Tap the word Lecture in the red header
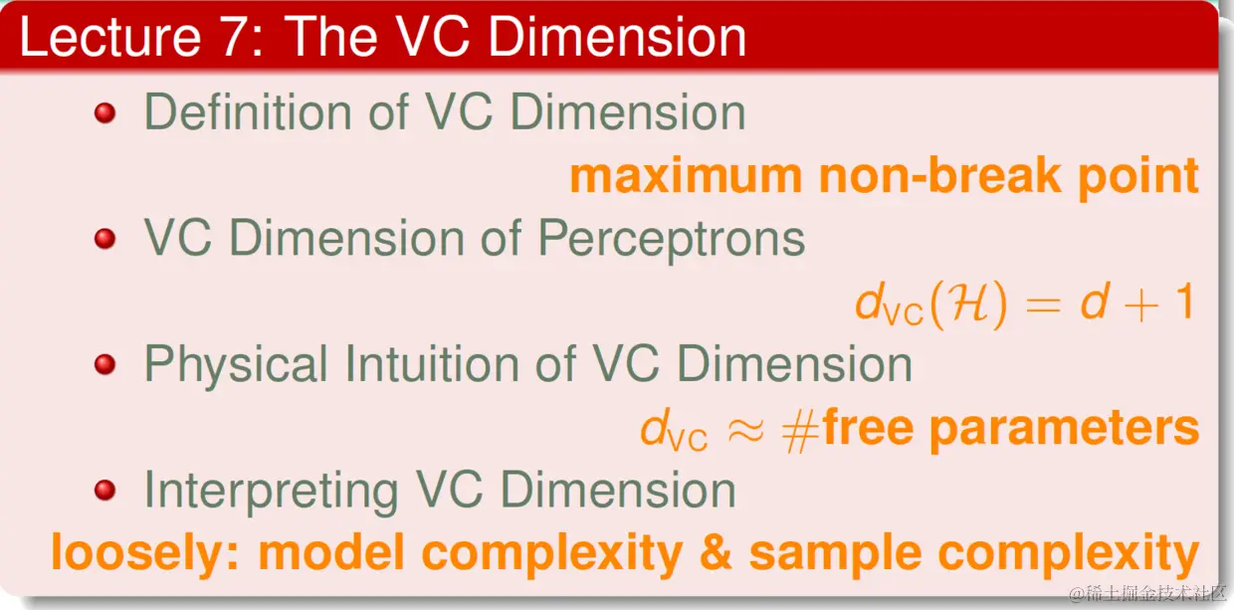(x=110, y=37)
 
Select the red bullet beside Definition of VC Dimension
(x=104, y=113)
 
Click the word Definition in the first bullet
(x=248, y=111)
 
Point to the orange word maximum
(x=686, y=176)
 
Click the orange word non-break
(x=940, y=175)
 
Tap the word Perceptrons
(x=671, y=239)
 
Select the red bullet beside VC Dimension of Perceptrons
(x=104, y=239)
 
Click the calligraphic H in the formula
(x=968, y=303)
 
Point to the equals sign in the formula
(x=1043, y=305)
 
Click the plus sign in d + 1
(x=1140, y=305)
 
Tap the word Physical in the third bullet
(x=236, y=364)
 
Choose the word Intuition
(x=433, y=363)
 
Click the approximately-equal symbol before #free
(x=745, y=430)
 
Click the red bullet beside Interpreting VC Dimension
(x=104, y=490)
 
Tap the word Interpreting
(x=271, y=492)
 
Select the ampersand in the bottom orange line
(x=716, y=552)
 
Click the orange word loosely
(x=145, y=552)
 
